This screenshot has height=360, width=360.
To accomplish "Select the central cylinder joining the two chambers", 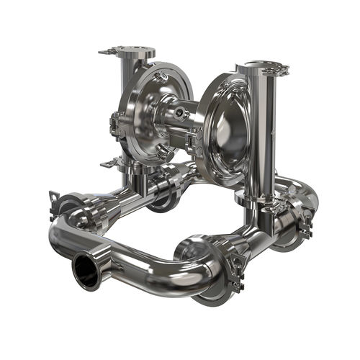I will pyautogui.click(x=173, y=118).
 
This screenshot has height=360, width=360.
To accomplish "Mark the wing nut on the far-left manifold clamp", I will pyautogui.click(x=55, y=197).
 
